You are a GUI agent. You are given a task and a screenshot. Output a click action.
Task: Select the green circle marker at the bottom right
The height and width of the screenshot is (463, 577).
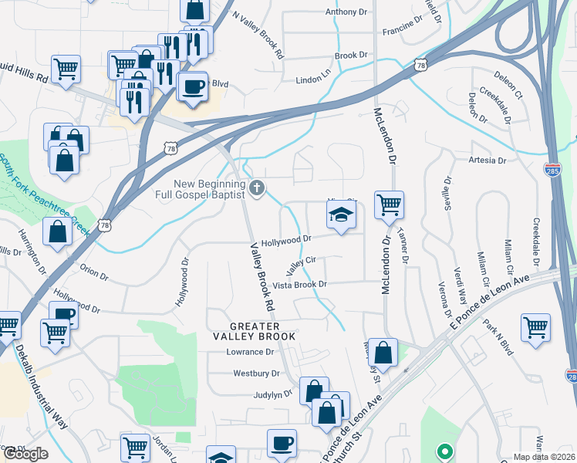[x=444, y=451]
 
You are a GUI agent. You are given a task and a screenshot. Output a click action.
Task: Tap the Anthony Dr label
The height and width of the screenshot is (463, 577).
[x=346, y=12]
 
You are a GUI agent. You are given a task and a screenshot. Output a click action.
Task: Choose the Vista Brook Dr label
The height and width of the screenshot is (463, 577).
[x=300, y=285]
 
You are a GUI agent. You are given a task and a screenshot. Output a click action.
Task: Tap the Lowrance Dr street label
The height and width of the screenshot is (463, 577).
[x=250, y=352]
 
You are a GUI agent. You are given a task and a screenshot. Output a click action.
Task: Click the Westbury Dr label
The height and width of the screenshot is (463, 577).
[x=255, y=373]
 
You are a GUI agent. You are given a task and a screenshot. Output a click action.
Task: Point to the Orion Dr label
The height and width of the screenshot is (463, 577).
[x=94, y=271]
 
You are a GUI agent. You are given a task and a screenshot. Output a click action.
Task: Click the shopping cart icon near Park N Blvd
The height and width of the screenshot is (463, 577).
[x=535, y=326]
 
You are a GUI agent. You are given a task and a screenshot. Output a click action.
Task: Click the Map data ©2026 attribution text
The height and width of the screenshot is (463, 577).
[x=545, y=457]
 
